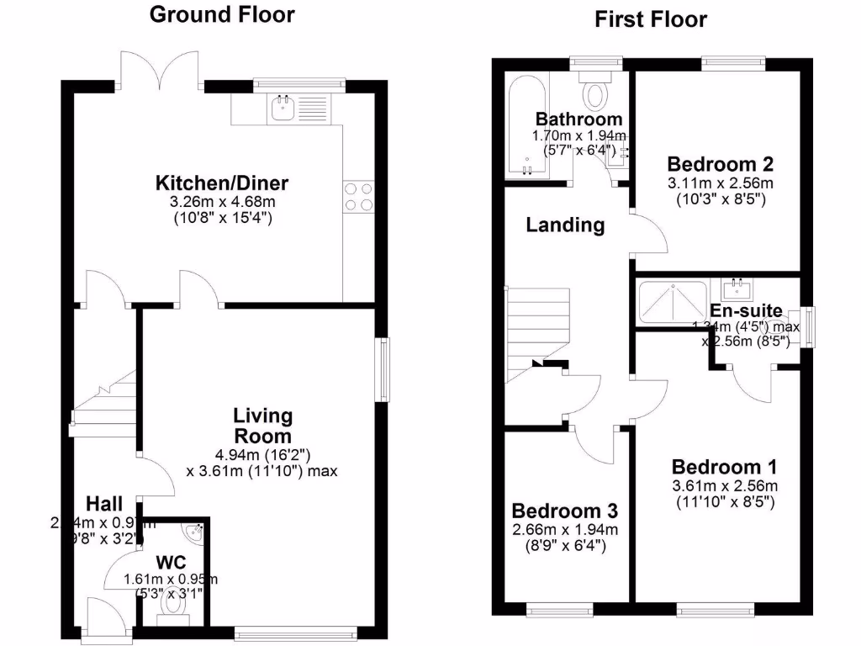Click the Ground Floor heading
click(x=222, y=14)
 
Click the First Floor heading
click(x=651, y=19)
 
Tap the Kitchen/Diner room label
click(x=222, y=183)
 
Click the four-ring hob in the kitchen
click(x=358, y=196)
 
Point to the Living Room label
click(x=262, y=426)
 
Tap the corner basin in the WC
click(x=196, y=532)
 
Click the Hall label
click(x=104, y=504)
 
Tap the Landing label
click(x=565, y=225)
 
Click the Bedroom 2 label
click(x=720, y=164)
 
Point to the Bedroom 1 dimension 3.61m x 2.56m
click(x=723, y=486)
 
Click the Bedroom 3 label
click(x=565, y=511)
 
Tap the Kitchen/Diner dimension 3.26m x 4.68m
click(x=222, y=203)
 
